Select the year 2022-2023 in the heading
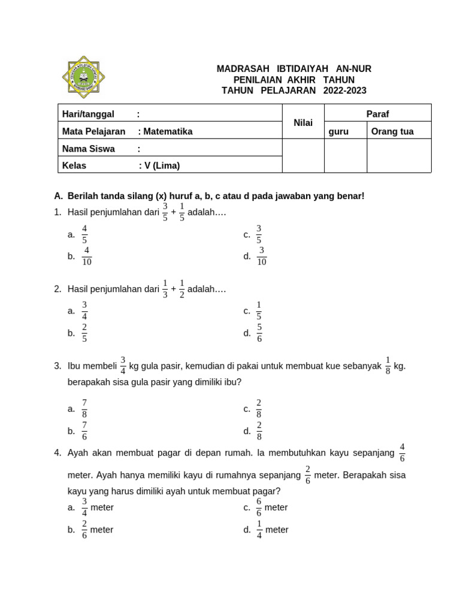tap(344, 91)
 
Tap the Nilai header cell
tap(303, 122)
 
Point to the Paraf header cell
tap(377, 113)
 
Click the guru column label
tap(338, 131)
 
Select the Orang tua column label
tap(392, 131)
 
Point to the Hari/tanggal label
tap(88, 114)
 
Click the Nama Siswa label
tap(89, 149)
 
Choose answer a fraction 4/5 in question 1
tap(84, 234)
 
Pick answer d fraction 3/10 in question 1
tap(261, 256)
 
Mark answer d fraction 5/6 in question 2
tap(259, 333)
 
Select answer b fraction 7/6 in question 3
tap(84, 431)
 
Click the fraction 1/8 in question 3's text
tap(388, 365)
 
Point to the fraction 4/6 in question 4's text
tap(402, 453)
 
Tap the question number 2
tap(57, 289)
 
